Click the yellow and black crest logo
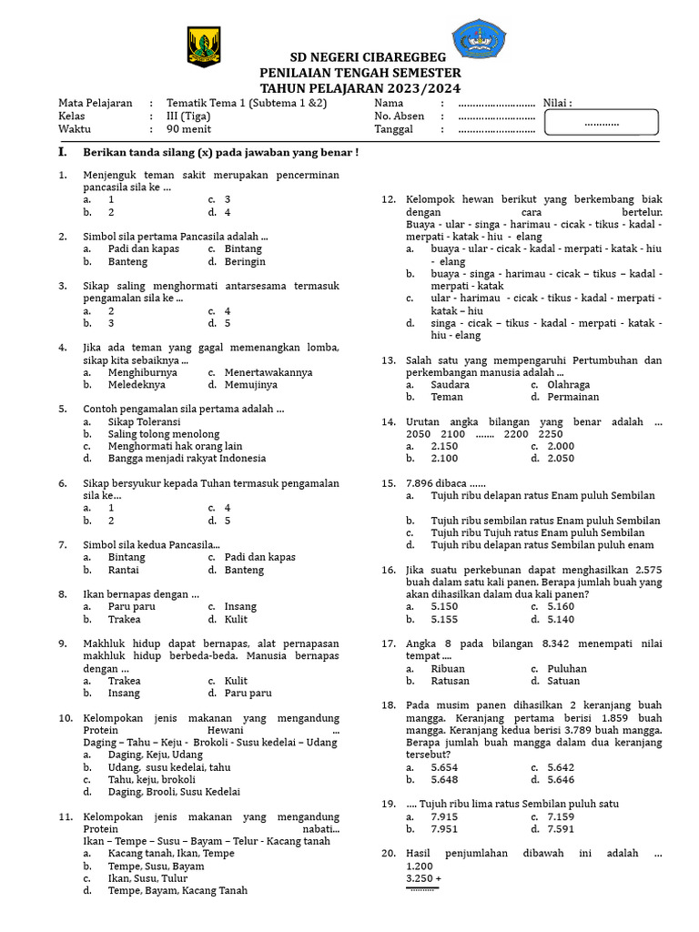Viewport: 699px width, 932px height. tap(202, 46)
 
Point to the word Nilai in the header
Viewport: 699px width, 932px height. tap(557, 103)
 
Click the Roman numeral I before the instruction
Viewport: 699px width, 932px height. tap(62, 152)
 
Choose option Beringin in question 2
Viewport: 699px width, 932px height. tap(245, 261)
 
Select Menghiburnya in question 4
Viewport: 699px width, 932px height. tap(143, 372)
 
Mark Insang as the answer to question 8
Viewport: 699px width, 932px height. tap(241, 606)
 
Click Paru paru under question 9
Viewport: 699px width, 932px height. tap(248, 694)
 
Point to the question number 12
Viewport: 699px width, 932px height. tap(388, 198)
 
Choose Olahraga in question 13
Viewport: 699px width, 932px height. tap(569, 384)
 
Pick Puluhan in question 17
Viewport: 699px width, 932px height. tap(567, 668)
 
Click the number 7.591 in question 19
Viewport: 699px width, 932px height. tap(561, 829)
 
